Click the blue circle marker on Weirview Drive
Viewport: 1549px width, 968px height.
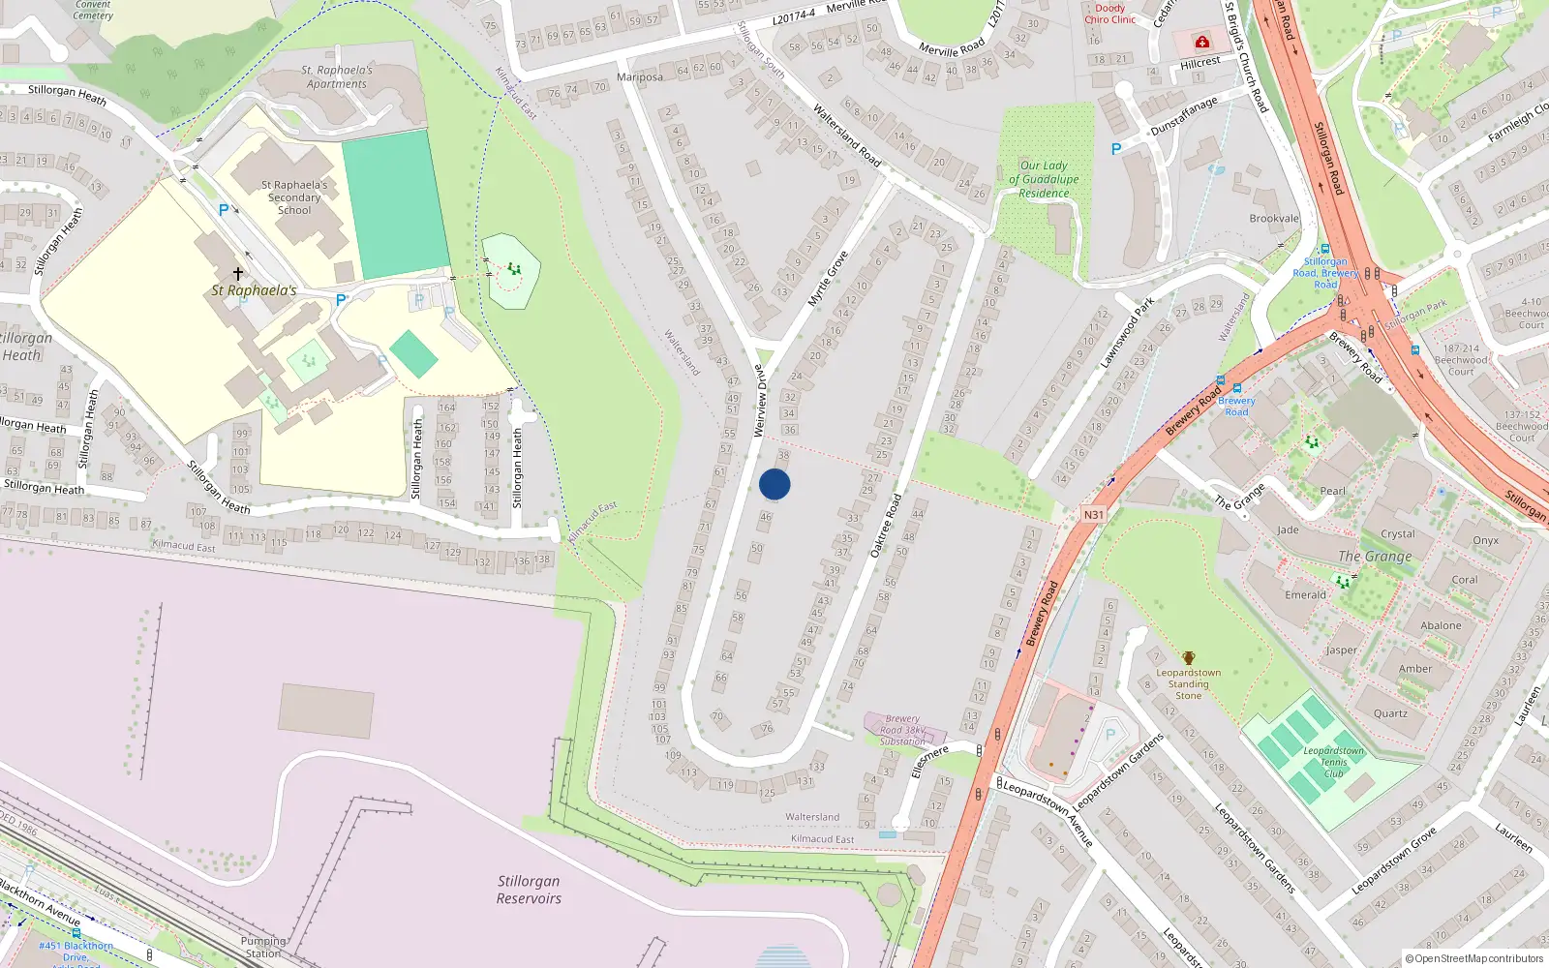click(774, 484)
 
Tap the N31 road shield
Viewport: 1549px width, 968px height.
click(1093, 515)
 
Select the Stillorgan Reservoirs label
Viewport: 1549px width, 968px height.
click(529, 890)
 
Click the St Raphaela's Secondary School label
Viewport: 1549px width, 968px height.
click(294, 197)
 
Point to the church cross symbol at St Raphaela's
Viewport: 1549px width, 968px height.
click(238, 274)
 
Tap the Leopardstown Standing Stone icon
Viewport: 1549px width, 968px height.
click(1189, 658)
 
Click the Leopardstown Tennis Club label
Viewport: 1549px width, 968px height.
click(1333, 762)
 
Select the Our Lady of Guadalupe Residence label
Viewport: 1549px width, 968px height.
click(1044, 179)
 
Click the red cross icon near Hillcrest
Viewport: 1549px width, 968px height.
click(1202, 42)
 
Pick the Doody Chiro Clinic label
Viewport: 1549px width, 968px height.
click(1109, 14)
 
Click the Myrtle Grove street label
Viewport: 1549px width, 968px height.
click(828, 279)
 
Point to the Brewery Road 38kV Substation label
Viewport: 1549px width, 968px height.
click(902, 731)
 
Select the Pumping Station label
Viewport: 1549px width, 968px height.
click(262, 947)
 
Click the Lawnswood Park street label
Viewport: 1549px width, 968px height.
click(1127, 333)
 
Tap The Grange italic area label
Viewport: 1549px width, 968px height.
click(1375, 557)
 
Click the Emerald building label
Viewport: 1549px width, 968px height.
click(1305, 595)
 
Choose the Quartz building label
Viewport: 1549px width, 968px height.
click(1390, 713)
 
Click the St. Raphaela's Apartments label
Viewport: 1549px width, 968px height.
click(337, 77)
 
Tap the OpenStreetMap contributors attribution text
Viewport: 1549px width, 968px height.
click(1473, 959)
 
